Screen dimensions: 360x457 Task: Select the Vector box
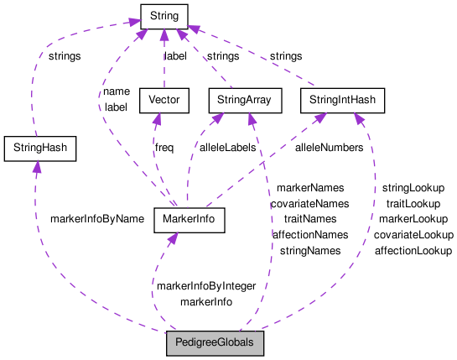point(164,101)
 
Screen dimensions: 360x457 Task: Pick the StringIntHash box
point(341,101)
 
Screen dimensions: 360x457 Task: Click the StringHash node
point(39,149)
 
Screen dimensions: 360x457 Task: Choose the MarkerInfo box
point(189,219)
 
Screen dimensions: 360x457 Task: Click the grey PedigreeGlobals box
point(215,343)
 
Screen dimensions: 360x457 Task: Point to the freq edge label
point(164,147)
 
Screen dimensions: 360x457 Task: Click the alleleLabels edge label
point(227,147)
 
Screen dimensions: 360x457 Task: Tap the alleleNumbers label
point(328,147)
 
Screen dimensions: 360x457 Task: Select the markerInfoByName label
point(97,218)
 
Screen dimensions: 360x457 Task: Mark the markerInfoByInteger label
point(206,285)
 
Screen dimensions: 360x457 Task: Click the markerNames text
point(309,188)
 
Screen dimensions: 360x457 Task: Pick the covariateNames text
point(309,203)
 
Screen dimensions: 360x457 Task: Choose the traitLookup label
point(413,203)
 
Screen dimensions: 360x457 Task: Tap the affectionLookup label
point(413,250)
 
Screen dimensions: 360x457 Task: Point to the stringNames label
point(309,250)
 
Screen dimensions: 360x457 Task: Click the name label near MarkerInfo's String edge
point(116,91)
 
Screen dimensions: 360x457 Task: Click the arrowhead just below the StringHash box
point(36,169)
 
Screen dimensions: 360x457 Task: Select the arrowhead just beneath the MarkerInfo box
point(171,239)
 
